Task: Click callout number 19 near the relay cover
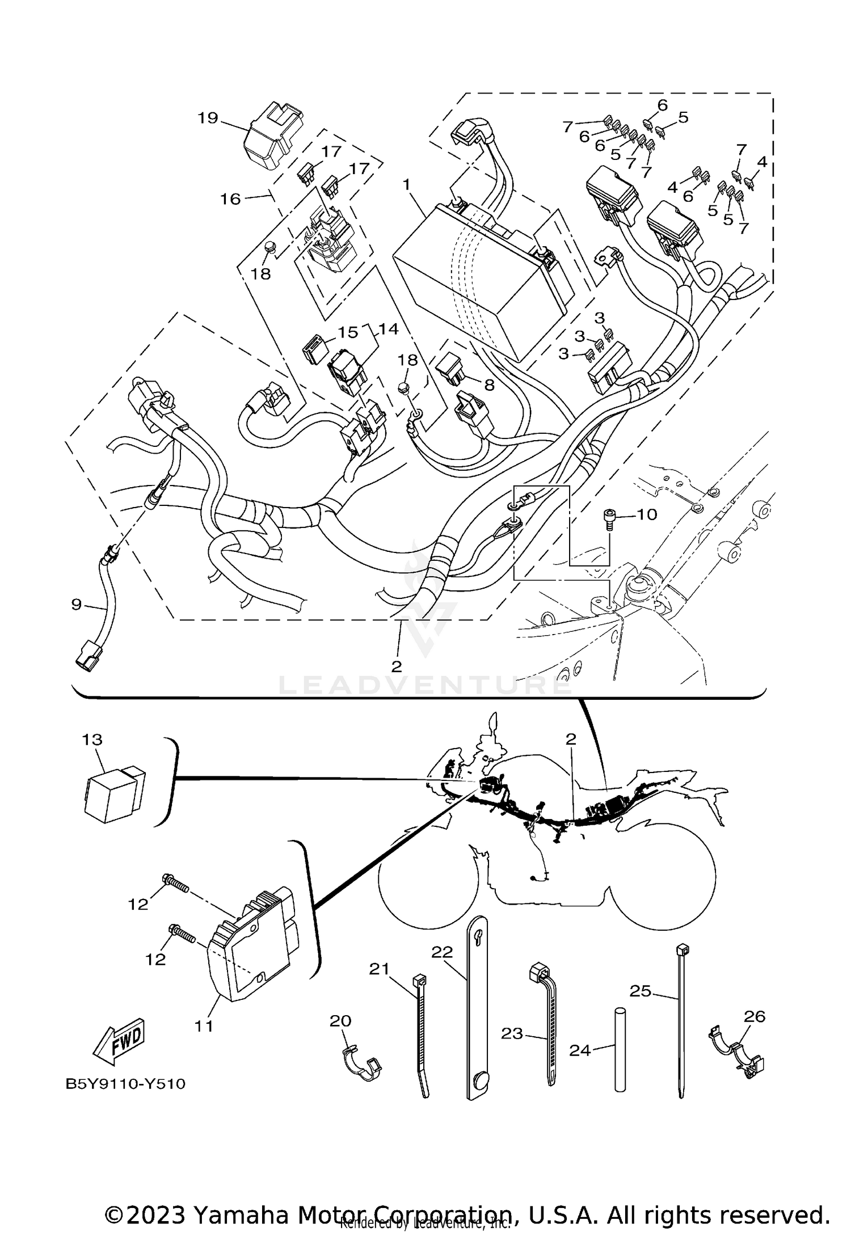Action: coord(208,118)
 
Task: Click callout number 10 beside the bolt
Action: coord(647,514)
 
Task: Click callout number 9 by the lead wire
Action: coord(77,605)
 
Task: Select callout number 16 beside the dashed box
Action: coord(230,199)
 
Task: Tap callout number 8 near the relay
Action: coord(488,385)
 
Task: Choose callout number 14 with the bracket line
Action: coord(389,329)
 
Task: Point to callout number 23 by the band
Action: coord(512,1033)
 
